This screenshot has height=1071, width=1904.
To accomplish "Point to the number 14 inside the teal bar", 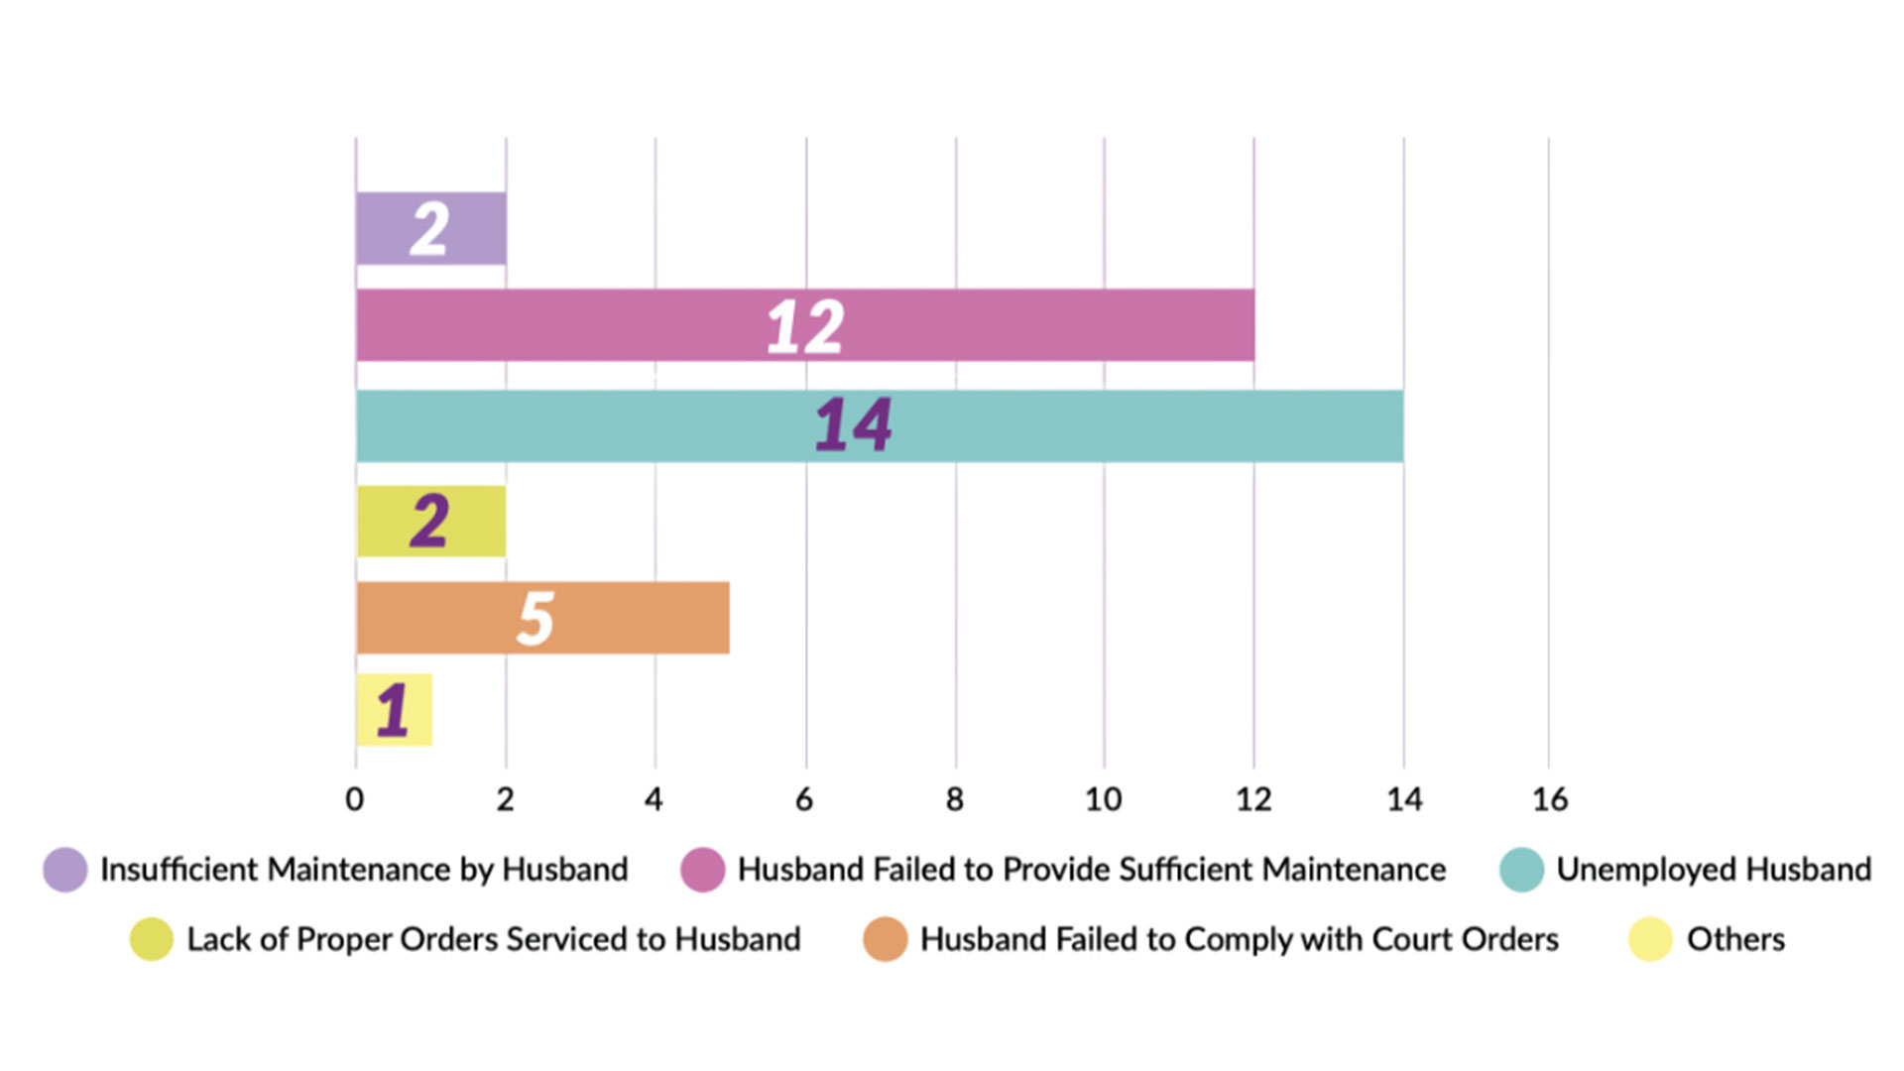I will (x=853, y=425).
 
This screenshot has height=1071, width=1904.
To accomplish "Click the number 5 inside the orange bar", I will (x=535, y=619).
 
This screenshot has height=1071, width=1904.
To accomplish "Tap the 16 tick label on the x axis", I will (x=1549, y=799).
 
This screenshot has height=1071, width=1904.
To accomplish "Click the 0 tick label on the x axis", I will (x=354, y=799).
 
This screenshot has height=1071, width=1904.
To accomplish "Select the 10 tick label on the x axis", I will (x=1103, y=799).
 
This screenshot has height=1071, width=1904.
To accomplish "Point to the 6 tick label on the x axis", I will (x=804, y=799).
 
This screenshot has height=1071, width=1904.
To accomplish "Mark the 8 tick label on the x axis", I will (x=954, y=799).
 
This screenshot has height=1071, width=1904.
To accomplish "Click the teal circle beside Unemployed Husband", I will (x=1521, y=870).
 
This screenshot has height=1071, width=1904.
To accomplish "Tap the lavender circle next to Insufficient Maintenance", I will (x=65, y=870).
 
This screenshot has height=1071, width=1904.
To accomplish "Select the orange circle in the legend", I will (x=886, y=939).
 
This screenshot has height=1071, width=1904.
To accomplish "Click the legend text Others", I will (x=1735, y=939).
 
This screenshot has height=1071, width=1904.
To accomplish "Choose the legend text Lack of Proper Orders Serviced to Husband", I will (x=494, y=939).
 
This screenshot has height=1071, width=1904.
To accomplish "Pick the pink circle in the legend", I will (x=703, y=870).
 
